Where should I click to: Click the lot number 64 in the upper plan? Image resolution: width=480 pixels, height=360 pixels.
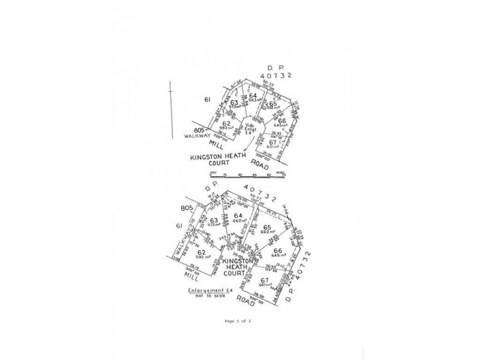(x=253, y=95)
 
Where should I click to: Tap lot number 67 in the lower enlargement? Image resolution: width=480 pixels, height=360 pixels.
(x=264, y=281)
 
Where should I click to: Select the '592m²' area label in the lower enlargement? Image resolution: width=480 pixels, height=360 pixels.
(x=202, y=257)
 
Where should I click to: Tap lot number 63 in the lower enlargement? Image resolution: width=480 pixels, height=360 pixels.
(x=214, y=220)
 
